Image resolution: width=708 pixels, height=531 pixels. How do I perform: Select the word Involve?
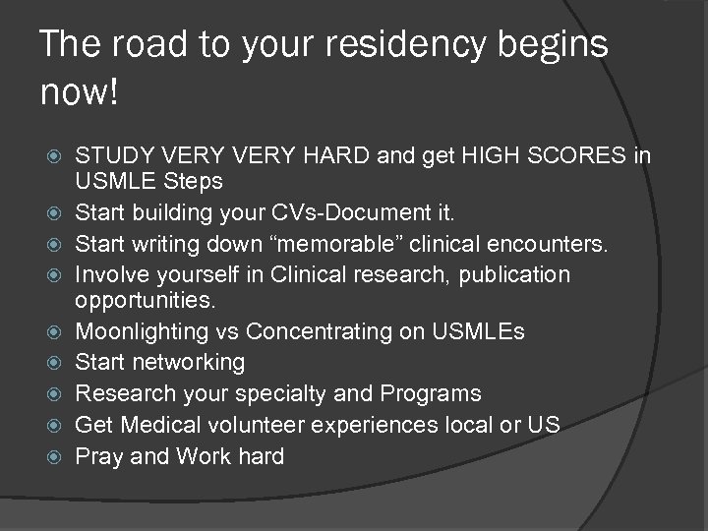pos(111,273)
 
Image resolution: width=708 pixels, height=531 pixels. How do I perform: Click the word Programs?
pos(437,393)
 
